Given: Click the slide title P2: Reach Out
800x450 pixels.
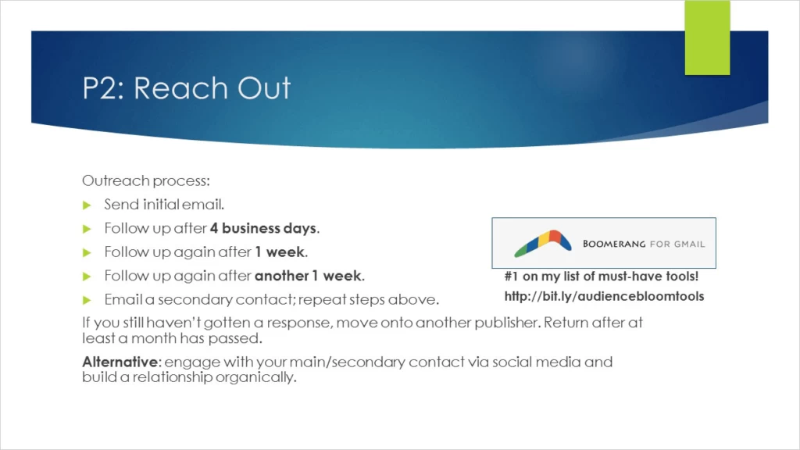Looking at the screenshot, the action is point(187,87).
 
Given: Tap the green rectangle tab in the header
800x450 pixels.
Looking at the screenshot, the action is point(707,37).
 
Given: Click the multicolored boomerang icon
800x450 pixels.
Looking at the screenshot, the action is point(543,243).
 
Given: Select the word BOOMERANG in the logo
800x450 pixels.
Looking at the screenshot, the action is point(614,244).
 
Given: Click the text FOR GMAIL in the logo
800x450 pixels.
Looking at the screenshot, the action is point(677,245).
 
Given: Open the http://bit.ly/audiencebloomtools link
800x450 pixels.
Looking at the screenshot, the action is point(604,296).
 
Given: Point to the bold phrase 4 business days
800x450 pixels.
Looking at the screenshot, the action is point(263,228).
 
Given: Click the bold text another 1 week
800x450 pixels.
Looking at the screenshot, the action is point(308,276).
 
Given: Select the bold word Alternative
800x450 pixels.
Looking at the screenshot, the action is point(120,362).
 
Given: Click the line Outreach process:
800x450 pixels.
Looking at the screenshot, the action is point(146,180).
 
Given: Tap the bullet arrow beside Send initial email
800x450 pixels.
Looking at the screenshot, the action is point(87,205).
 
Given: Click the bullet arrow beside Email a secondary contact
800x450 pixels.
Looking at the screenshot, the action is point(87,300).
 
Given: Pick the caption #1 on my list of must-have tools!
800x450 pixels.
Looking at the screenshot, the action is point(602,276).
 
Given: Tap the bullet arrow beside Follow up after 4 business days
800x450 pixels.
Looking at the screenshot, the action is point(87,229).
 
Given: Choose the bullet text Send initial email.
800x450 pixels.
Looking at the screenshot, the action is point(164,205).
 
